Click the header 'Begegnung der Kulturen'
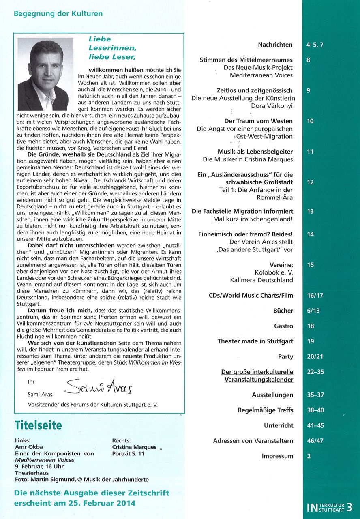(58, 14)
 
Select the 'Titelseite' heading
(38, 425)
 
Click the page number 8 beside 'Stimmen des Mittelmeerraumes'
(309, 60)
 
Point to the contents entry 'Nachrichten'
(275, 45)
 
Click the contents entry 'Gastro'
(283, 326)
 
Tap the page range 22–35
(315, 372)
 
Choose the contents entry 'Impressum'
(277, 456)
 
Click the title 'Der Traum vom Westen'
(258, 121)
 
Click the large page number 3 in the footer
(349, 507)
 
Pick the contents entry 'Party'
(285, 357)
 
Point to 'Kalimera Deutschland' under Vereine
(261, 280)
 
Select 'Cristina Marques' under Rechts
(134, 447)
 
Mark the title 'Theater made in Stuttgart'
(255, 341)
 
